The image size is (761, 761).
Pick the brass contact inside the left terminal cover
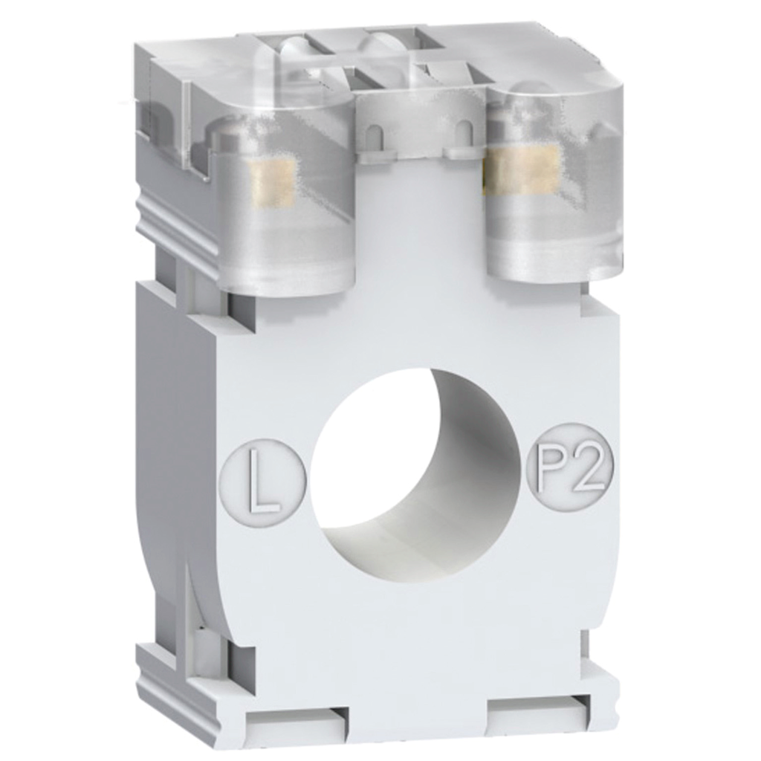pyautogui.click(x=271, y=183)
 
